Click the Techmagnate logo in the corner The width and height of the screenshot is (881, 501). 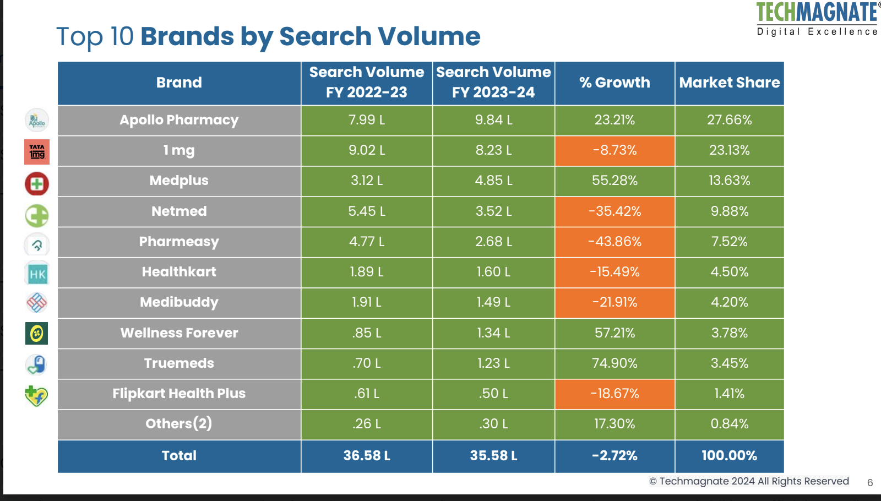(817, 18)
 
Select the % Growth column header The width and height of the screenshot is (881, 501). (614, 83)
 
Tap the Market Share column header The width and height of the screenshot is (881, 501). (729, 83)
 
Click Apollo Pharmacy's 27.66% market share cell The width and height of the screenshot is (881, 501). (729, 120)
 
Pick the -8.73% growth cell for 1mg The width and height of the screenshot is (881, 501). (614, 150)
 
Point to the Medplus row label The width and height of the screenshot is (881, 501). (179, 181)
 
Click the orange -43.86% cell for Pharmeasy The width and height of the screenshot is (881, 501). (614, 242)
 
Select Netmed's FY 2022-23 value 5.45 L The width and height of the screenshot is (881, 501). (367, 211)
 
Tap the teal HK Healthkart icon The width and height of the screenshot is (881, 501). (37, 274)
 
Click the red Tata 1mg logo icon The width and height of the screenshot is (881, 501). (37, 152)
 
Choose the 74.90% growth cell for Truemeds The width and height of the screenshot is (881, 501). (614, 363)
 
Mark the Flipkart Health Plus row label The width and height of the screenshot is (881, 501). (179, 394)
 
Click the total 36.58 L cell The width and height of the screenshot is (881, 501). (367, 456)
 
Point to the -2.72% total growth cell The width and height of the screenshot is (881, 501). (614, 456)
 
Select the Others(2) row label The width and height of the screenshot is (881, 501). (179, 424)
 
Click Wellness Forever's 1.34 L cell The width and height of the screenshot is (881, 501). (493, 333)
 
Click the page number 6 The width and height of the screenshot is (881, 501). (870, 483)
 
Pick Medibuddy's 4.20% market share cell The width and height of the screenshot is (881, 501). (729, 302)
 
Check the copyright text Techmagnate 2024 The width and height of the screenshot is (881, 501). (749, 481)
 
